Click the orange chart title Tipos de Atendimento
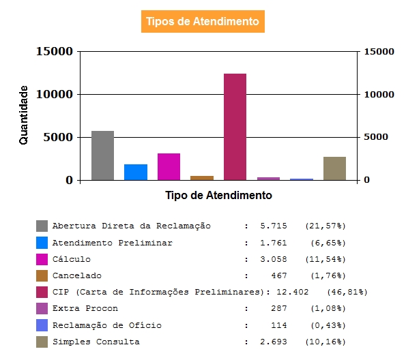(203, 22)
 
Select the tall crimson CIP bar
(235, 127)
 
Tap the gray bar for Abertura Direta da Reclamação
(103, 155)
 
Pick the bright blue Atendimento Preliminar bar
(136, 172)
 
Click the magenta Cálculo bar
(169, 166)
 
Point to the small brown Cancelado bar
(202, 178)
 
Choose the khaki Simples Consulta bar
(334, 168)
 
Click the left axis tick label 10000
(55, 94)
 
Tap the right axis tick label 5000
(376, 137)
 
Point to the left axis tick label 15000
(55, 51)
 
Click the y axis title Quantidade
(23, 115)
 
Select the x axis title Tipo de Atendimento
(218, 195)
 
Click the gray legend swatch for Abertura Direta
(42, 226)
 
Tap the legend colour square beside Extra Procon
(42, 308)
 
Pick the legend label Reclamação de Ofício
(107, 325)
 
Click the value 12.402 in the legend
(293, 292)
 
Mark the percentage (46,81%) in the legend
(347, 292)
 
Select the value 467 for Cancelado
(279, 275)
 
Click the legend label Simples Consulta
(96, 342)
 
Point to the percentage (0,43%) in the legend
(328, 325)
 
